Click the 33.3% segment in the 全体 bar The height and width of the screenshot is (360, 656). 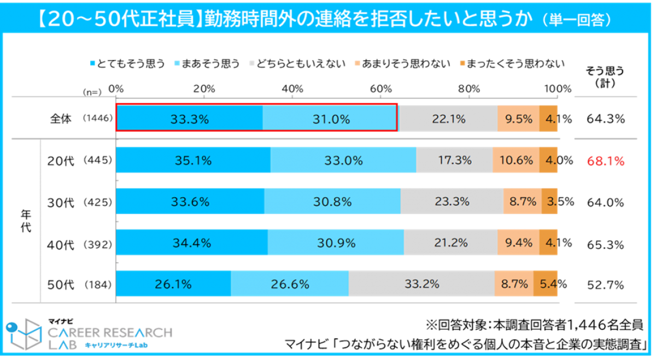coord(189,119)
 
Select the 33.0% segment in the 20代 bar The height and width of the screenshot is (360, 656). coord(343,161)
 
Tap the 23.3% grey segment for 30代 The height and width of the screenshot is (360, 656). coord(452,202)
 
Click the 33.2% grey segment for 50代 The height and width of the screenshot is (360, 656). coord(421,284)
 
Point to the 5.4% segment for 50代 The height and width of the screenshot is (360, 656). coord(546,284)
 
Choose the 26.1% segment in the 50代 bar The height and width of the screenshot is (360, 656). coord(174,284)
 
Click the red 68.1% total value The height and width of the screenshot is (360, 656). coord(605,161)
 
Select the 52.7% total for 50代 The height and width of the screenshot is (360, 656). coord(605,285)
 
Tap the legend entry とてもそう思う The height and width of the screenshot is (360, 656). coord(126,64)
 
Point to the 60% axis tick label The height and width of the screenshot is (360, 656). coord(381,88)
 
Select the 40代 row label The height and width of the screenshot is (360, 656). coord(61,244)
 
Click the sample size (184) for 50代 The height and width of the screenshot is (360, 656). coord(98,285)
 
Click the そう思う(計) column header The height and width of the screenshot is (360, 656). coord(605,76)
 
